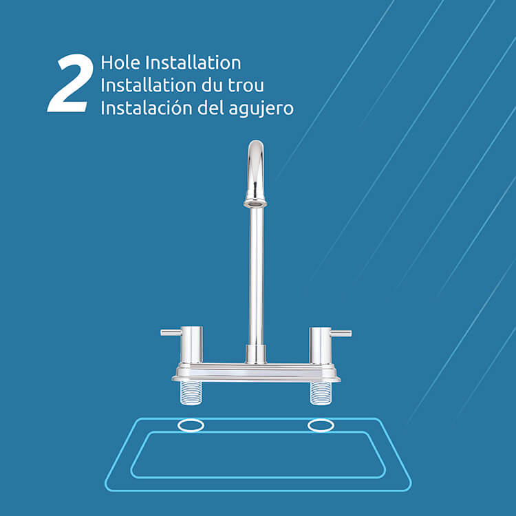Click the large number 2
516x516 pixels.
pyautogui.click(x=70, y=83)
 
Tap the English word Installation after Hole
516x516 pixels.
pyautogui.click(x=193, y=63)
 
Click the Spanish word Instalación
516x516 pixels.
pyautogui.click(x=147, y=107)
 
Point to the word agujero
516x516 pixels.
pyautogui.click(x=261, y=109)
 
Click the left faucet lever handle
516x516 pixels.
pyautogui.click(x=171, y=332)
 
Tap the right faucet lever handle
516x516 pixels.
pyautogui.click(x=341, y=333)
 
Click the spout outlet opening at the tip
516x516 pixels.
pyautogui.click(x=255, y=204)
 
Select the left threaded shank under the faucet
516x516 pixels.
pyautogui.click(x=191, y=393)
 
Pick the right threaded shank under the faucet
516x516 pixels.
pyautogui.click(x=321, y=393)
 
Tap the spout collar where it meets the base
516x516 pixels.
pyautogui.click(x=256, y=354)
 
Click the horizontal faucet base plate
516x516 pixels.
pyautogui.click(x=256, y=372)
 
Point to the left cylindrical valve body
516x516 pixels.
pyautogui.click(x=191, y=345)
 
